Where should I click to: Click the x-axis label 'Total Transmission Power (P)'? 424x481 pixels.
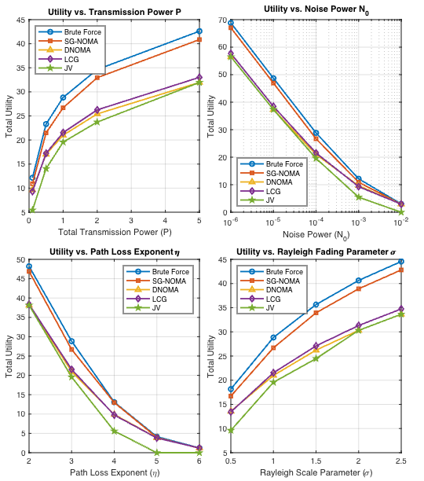point(114,233)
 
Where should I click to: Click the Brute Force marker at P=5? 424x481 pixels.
point(199,31)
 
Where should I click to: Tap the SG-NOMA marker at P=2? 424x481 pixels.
point(97,77)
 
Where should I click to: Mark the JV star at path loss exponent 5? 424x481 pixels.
point(157,452)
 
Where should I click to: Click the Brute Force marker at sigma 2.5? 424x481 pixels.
point(401,261)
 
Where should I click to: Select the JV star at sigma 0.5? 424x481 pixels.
point(231,431)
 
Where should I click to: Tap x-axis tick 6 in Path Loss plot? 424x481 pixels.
point(199,461)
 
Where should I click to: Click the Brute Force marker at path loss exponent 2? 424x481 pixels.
point(29,266)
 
